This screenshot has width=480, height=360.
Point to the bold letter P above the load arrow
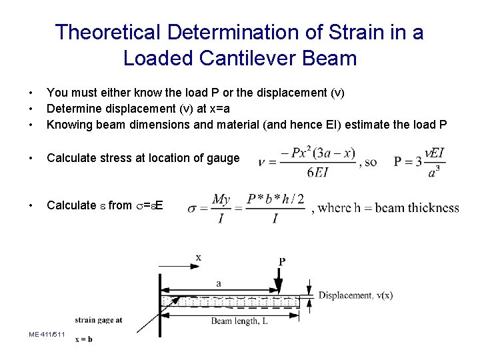click(x=282, y=261)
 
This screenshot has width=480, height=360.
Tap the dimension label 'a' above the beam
click(x=219, y=283)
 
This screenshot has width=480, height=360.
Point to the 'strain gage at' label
click(x=99, y=319)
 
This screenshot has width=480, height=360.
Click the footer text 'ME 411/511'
click(x=47, y=333)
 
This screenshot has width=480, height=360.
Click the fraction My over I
click(x=221, y=209)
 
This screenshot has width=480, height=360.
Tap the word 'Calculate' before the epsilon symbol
click(x=71, y=205)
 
